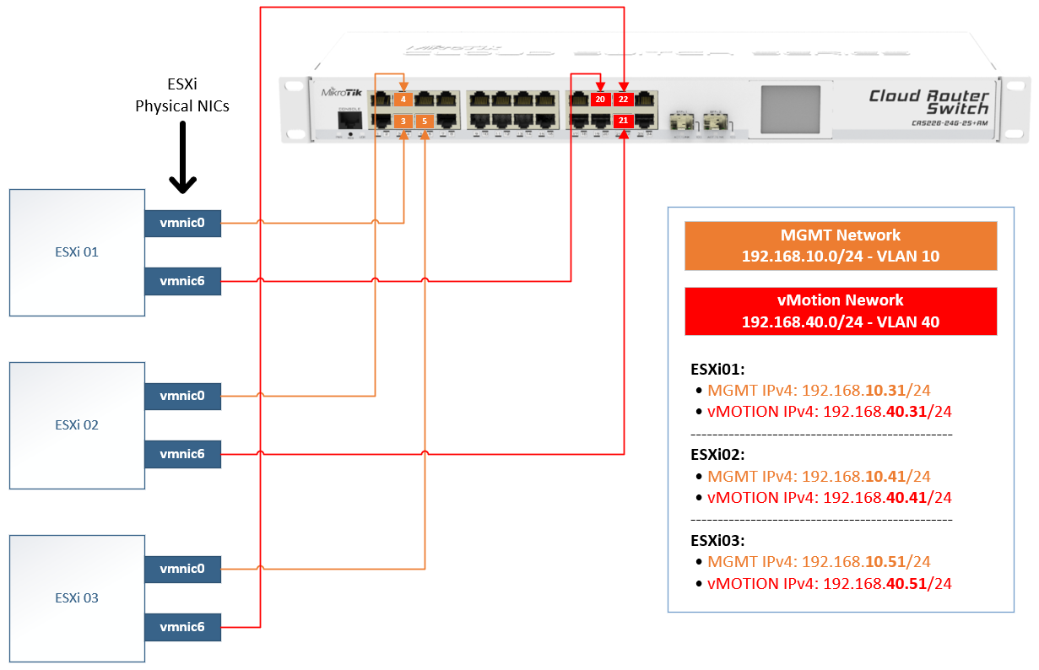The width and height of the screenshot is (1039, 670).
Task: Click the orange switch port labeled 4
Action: (x=403, y=99)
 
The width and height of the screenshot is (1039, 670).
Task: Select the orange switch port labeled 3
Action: (x=403, y=122)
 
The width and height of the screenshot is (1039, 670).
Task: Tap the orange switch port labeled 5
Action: (x=425, y=122)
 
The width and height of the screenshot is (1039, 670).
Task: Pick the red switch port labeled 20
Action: (x=600, y=99)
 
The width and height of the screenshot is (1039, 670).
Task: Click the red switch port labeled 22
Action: (x=624, y=99)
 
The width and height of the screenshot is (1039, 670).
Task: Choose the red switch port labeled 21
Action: (x=624, y=122)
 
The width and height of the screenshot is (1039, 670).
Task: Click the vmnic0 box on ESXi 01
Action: (x=183, y=224)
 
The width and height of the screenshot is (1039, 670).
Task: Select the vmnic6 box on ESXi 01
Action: (x=183, y=281)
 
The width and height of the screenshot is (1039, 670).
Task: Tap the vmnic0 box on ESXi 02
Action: (x=183, y=396)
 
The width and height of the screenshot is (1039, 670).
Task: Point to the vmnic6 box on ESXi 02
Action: (x=183, y=454)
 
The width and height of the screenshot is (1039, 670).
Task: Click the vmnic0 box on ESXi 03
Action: (x=183, y=569)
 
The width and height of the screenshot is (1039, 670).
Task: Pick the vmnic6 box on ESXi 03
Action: (x=183, y=627)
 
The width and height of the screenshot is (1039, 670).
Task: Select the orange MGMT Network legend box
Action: (x=840, y=246)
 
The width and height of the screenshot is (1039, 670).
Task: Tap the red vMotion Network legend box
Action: (x=840, y=311)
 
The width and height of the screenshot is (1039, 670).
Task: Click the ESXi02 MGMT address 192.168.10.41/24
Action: (x=819, y=476)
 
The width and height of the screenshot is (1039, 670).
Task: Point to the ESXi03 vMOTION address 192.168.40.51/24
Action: (x=830, y=583)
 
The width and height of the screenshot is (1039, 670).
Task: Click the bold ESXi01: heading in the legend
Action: (x=714, y=369)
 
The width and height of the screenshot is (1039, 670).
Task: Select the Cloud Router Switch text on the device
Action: (x=928, y=102)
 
